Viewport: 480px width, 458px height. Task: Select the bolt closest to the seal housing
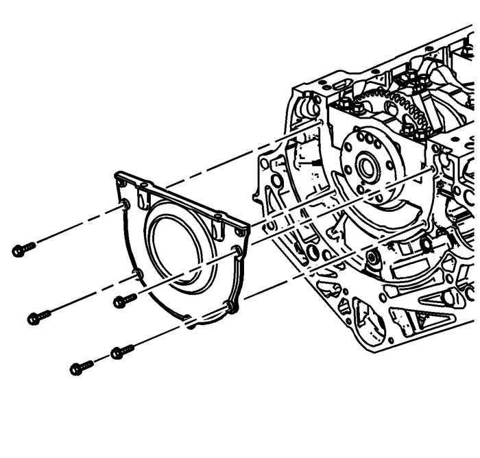click(x=125, y=300)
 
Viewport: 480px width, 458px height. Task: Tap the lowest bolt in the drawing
click(x=81, y=368)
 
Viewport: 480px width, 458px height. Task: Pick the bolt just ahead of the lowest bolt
click(x=121, y=352)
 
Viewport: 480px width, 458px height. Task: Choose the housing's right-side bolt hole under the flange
click(x=237, y=252)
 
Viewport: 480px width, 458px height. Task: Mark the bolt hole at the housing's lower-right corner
click(x=231, y=306)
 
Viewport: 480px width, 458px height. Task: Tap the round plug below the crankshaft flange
click(x=374, y=260)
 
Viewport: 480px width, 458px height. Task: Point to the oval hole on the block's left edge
click(x=276, y=181)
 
